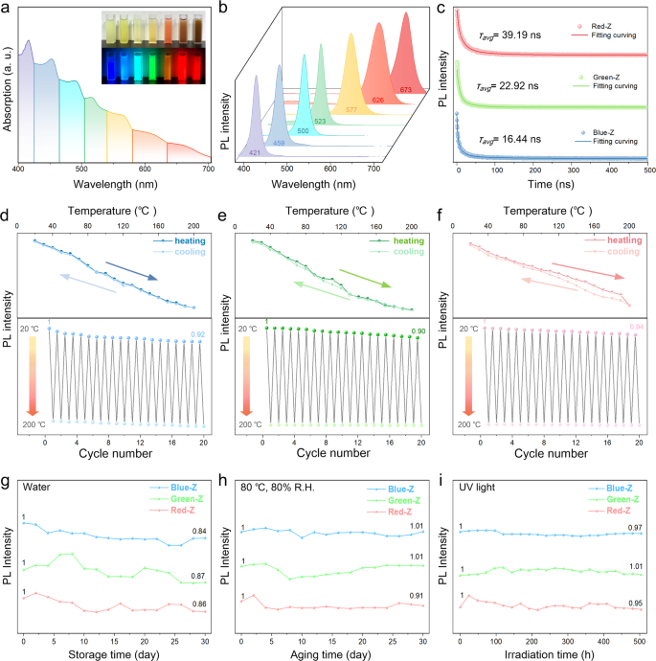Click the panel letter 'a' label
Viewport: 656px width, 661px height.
pos(8,10)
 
